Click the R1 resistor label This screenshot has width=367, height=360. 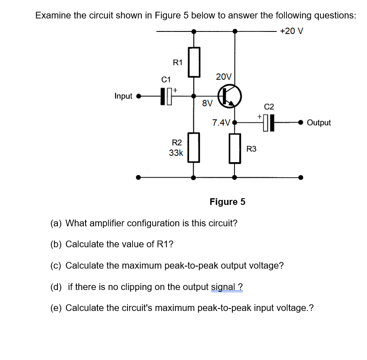click(x=178, y=63)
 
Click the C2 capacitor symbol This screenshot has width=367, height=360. click(x=268, y=122)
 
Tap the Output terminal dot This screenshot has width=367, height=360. click(x=300, y=122)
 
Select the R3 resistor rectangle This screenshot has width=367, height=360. click(x=234, y=148)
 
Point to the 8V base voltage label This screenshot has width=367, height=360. click(x=207, y=103)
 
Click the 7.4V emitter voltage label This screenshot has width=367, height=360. click(x=221, y=123)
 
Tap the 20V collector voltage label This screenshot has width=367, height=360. click(x=224, y=77)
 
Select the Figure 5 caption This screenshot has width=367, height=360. click(x=227, y=202)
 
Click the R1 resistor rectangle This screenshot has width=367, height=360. click(x=193, y=62)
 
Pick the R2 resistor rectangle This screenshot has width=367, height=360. click(x=193, y=147)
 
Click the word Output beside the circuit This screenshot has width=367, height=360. click(x=319, y=123)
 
